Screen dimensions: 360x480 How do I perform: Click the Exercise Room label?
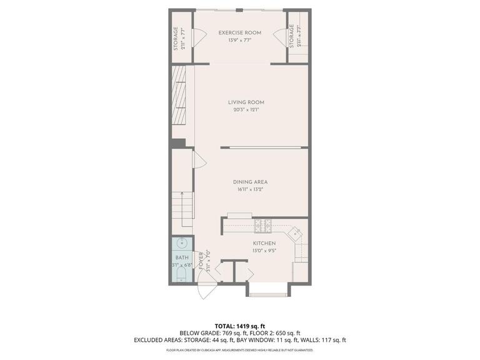coord(240,32)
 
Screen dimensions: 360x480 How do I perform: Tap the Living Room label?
coord(246,102)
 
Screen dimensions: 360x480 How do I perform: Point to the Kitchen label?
coord(264,243)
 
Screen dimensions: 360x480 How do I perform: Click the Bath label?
coord(181,257)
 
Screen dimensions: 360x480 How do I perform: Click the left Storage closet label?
coord(176,38)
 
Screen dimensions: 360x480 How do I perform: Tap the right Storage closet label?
coord(291,36)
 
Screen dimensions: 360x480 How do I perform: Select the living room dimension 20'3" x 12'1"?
coord(246,110)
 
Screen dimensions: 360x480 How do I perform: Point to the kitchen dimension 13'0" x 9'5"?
coord(264,251)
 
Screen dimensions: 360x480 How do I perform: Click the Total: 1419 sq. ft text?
coord(240,326)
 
